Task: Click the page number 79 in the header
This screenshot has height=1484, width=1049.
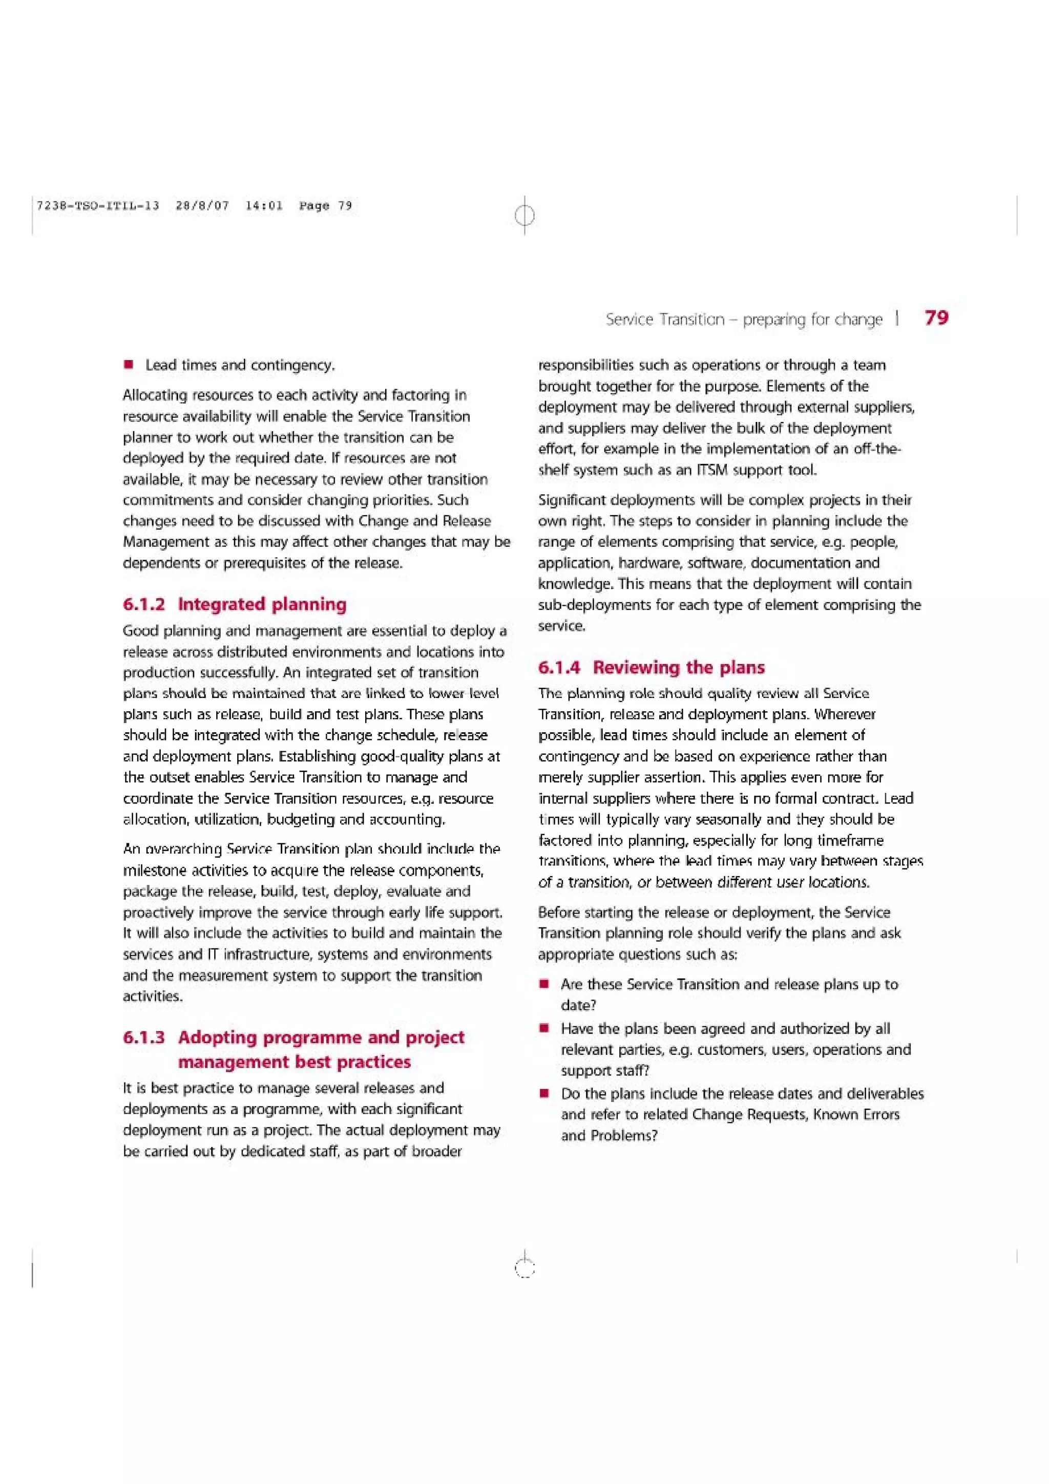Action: [936, 317]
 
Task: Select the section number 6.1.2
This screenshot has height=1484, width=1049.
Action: [143, 604]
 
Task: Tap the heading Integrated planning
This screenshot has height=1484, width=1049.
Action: [262, 604]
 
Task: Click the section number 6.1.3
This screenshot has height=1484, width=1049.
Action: [143, 1037]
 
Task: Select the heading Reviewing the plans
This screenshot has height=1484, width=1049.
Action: [678, 668]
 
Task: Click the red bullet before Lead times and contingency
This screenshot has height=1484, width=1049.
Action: [129, 365]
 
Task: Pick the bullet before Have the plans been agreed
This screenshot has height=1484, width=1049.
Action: [545, 1028]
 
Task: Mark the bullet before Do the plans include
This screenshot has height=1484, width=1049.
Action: [545, 1094]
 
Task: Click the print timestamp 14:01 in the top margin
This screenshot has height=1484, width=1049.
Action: [264, 205]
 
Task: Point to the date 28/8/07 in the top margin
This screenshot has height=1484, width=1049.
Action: [202, 205]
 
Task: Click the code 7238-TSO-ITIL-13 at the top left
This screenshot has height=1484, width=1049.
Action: [98, 205]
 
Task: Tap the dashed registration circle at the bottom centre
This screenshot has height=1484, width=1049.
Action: [525, 1269]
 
